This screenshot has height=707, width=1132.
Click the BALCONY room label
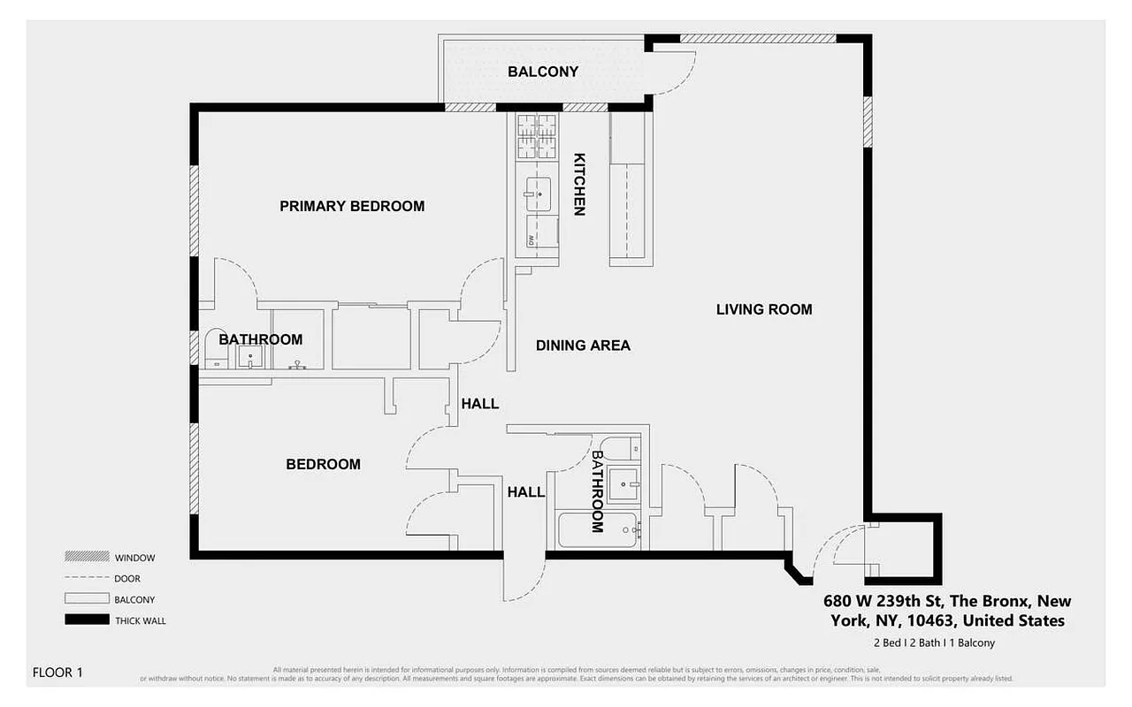click(543, 72)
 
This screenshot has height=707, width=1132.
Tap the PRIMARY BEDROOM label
click(352, 206)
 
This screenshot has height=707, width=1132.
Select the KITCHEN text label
click(579, 184)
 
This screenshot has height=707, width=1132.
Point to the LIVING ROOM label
click(763, 309)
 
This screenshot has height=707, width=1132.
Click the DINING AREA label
click(583, 346)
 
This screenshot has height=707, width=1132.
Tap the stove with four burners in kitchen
click(537, 136)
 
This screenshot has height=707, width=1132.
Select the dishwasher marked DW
click(541, 232)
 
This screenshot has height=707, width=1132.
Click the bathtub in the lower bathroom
click(596, 530)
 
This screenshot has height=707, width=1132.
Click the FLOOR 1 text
click(57, 673)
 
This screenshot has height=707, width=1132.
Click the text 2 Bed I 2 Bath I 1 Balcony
click(934, 642)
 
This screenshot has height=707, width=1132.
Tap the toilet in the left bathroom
click(215, 350)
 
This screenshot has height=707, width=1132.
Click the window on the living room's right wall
click(868, 122)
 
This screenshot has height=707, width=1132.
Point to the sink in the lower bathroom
click(627, 484)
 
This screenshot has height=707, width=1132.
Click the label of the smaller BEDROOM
click(323, 464)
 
